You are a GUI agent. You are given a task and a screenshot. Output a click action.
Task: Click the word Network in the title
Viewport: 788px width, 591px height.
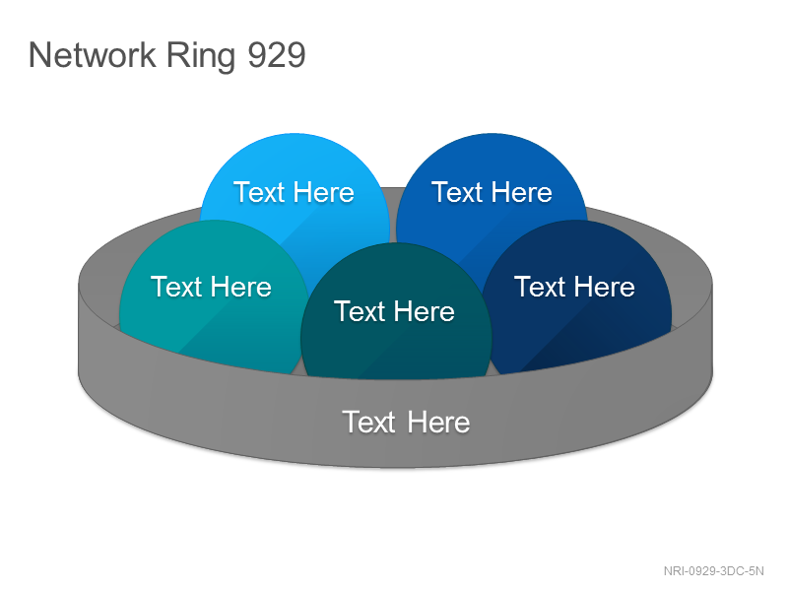93,55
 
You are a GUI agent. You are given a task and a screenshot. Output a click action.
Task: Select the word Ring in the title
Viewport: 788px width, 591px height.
201,57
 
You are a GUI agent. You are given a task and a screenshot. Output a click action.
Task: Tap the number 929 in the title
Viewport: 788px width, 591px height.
277,55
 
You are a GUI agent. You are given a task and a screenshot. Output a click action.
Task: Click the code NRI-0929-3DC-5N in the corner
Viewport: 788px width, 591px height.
713,571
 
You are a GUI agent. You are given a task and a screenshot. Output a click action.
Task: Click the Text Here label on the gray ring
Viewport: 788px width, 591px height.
406,422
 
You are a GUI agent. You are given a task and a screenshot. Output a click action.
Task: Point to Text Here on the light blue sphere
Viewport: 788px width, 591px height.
294,192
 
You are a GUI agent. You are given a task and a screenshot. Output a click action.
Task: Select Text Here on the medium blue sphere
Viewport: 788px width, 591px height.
492,192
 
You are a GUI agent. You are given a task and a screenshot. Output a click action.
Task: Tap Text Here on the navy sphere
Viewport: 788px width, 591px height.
574,287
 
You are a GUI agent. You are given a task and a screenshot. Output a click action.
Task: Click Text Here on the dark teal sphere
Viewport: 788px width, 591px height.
395,311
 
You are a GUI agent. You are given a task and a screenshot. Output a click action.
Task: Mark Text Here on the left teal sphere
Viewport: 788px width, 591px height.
211,287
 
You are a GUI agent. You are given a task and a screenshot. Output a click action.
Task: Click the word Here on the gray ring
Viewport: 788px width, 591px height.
438,422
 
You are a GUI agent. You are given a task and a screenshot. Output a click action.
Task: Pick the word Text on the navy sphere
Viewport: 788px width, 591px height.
540,287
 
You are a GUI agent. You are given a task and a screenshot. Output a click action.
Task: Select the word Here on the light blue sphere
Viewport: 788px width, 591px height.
324,192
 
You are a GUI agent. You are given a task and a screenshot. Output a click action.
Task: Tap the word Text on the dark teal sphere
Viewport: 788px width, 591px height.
360,311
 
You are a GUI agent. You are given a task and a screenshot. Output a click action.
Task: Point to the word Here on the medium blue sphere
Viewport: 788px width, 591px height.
522,192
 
